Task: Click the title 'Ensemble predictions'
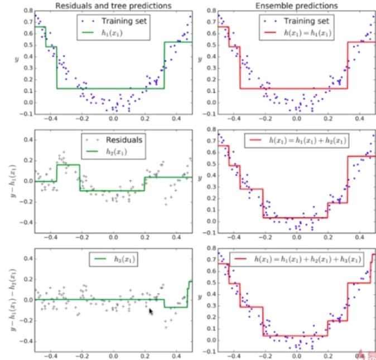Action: [296, 6]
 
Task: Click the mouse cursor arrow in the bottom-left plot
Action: [151, 312]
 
